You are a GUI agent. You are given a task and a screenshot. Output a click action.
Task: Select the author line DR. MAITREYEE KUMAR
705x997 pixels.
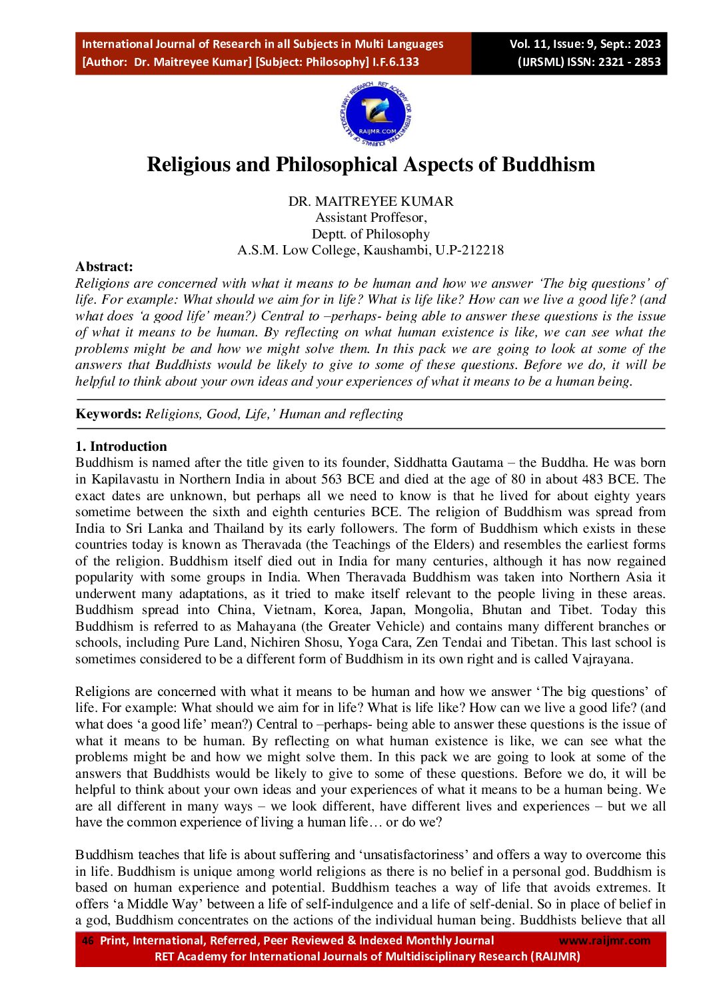coord(370,201)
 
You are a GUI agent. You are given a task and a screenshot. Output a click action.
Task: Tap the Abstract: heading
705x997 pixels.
coord(104,266)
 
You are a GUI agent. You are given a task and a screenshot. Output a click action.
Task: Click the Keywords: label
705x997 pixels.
coord(109,414)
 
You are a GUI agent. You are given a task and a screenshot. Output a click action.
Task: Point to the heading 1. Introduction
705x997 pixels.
coord(121,446)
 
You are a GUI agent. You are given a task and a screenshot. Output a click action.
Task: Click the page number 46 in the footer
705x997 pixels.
coord(87,940)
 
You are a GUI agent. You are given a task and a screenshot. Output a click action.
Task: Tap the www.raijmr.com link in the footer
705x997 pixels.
coord(604,940)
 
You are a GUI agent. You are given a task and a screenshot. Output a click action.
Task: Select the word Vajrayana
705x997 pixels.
coord(601,659)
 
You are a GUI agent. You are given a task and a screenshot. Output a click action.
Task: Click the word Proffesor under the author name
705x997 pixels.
coord(398,218)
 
